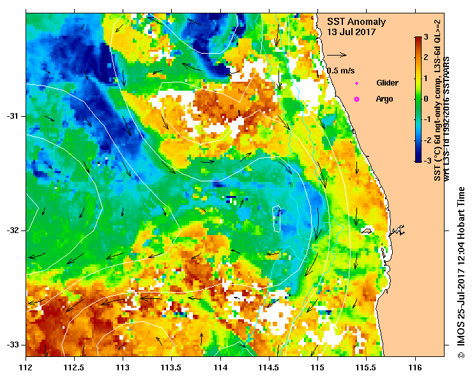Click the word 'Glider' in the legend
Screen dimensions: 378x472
pos(387,83)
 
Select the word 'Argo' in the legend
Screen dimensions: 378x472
pos(384,99)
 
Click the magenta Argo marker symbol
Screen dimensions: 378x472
pos(356,99)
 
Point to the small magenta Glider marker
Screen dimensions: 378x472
pos(356,83)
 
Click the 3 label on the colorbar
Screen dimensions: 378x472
pos(425,38)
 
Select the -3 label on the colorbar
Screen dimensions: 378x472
pos(427,161)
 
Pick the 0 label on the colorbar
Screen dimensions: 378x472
pos(425,99)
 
